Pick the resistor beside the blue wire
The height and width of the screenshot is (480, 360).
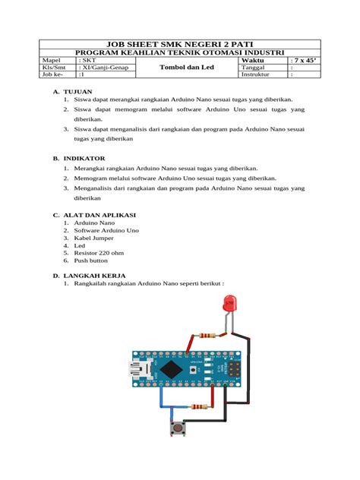tap(201, 407)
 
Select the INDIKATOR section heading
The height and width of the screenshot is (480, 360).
tap(85, 159)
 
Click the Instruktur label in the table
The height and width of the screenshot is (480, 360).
tap(255, 75)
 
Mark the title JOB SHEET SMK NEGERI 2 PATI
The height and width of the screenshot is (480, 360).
tap(180, 44)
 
